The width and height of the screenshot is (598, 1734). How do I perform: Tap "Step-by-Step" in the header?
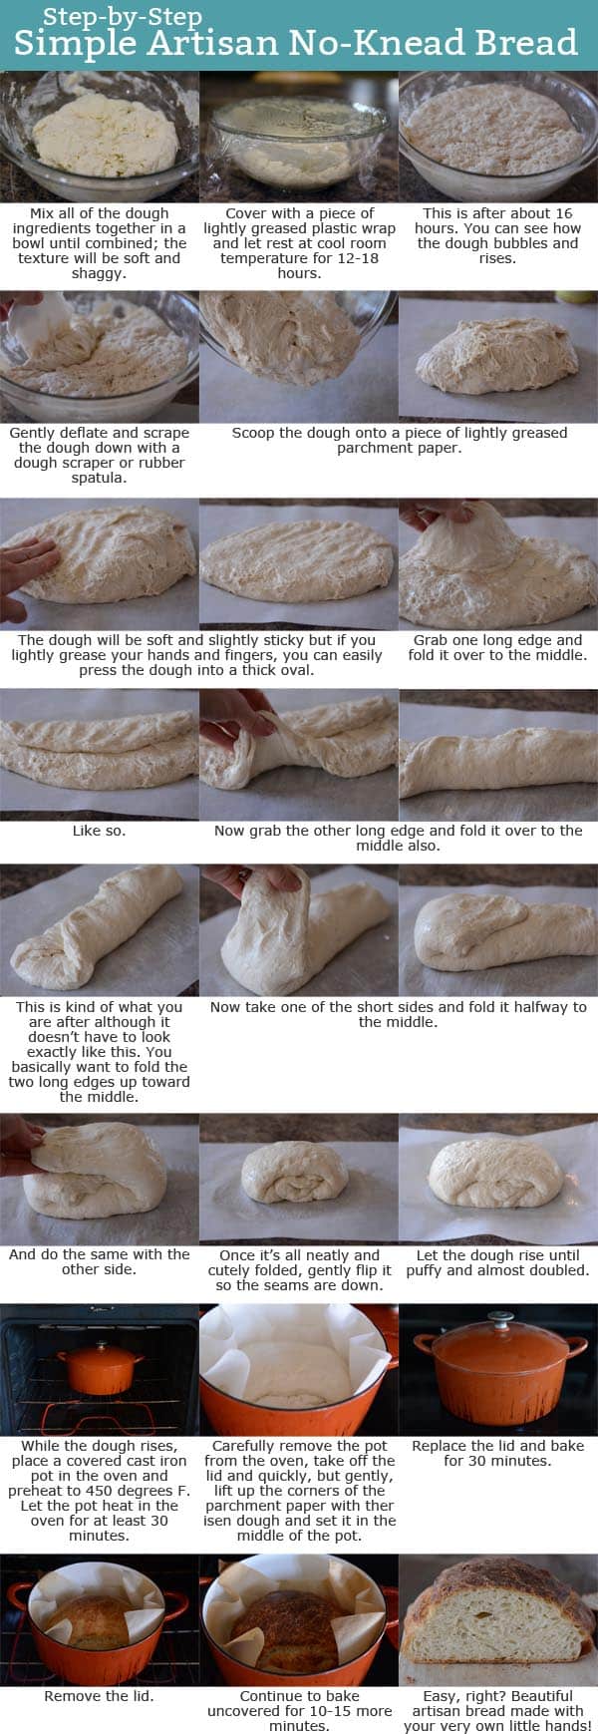point(122,16)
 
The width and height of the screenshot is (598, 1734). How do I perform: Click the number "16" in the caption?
point(563,213)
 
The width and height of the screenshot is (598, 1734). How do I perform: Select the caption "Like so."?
point(99,831)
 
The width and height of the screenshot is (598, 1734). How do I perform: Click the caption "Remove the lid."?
point(99,1695)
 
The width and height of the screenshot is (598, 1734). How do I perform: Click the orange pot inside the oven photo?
point(99,1367)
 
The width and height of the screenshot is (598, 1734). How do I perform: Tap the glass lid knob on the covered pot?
point(497,1317)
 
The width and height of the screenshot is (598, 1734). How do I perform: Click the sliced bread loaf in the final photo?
point(498,1620)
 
